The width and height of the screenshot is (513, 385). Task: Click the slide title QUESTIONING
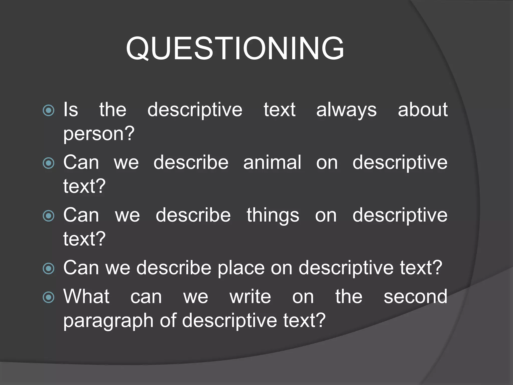tap(235, 48)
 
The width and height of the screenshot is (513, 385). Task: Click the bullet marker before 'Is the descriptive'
tap(48, 111)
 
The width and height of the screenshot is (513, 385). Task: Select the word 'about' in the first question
tap(423, 110)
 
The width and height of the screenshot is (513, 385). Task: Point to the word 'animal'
tap(272, 162)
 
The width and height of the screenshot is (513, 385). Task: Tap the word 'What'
tap(86, 297)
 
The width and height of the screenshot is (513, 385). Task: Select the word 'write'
tap(250, 297)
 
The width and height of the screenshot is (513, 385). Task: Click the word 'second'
tap(415, 297)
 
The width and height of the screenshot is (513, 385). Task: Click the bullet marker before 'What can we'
tap(48, 298)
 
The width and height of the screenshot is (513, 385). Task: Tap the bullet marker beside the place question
tap(48, 269)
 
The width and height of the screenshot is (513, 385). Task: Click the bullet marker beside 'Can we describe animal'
tap(48, 163)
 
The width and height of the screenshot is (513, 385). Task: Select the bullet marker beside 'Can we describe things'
tap(48, 216)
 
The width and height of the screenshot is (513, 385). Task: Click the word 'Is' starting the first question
tap(71, 110)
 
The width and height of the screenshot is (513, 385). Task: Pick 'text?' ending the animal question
tap(84, 186)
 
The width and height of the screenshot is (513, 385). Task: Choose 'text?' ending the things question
tap(84, 239)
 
